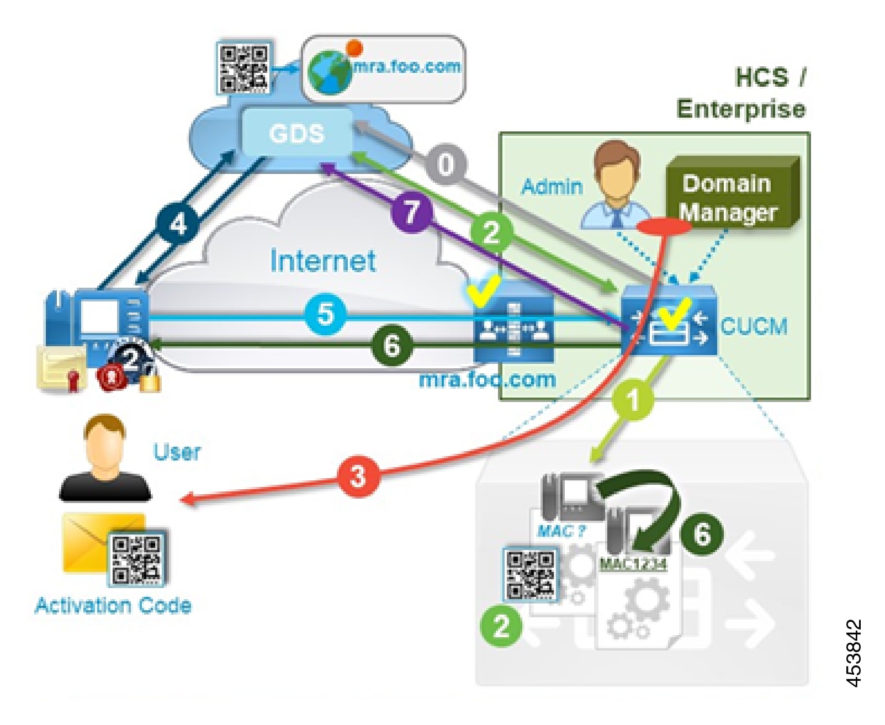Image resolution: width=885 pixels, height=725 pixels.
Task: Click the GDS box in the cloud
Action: (x=296, y=133)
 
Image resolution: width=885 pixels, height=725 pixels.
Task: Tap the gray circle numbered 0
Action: (x=446, y=163)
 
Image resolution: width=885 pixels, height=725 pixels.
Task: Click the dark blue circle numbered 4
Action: (x=178, y=224)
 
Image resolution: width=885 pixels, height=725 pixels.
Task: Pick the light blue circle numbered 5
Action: (x=326, y=314)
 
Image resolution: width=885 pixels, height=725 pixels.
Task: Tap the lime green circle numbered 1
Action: (x=633, y=399)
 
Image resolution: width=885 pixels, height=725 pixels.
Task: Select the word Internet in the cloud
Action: (x=323, y=261)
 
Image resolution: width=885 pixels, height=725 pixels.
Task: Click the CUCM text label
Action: (x=754, y=326)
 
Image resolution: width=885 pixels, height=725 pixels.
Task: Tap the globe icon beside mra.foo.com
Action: (x=330, y=72)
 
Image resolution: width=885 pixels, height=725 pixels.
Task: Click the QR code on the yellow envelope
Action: (x=137, y=558)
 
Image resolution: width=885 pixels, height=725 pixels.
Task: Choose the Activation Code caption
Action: (x=113, y=606)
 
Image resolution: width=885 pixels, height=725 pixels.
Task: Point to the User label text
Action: (x=177, y=452)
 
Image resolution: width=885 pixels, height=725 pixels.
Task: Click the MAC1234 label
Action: (x=633, y=564)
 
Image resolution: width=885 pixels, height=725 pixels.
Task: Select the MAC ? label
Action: (x=561, y=531)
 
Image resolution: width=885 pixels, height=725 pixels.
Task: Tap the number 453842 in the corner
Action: (x=853, y=653)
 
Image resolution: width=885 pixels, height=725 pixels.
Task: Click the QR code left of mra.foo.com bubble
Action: (x=243, y=69)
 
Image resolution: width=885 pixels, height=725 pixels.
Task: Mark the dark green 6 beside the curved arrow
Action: (x=701, y=534)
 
